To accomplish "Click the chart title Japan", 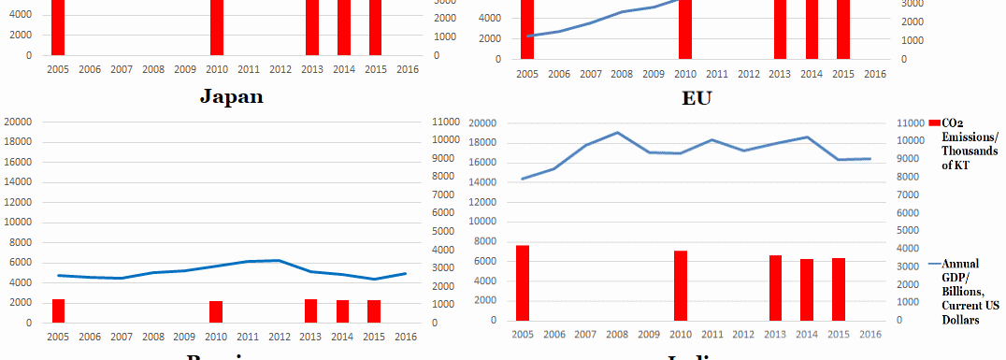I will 231,96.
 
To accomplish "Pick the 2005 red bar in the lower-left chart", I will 58,310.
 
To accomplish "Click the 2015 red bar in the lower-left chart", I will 374,311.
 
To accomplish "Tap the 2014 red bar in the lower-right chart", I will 808,289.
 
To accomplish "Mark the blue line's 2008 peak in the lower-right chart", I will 617,133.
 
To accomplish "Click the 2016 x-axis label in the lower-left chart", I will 406,337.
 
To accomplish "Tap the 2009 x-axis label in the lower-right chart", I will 649,334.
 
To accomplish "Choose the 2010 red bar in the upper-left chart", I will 216,28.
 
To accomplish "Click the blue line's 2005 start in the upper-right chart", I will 527,36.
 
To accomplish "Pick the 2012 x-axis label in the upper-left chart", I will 280,69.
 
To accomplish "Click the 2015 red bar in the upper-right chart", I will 843,28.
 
